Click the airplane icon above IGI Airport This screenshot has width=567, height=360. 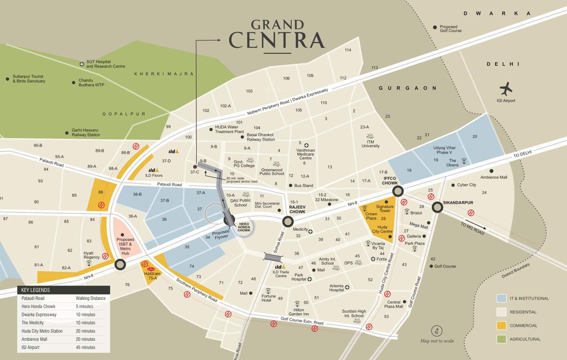[x=506, y=89]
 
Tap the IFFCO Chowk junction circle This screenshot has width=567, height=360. [x=398, y=191]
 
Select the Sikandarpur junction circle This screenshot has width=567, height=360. [x=437, y=207]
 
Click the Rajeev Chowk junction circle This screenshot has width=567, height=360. [x=288, y=222]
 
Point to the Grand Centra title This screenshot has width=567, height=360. [x=277, y=35]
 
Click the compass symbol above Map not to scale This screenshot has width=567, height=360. [x=437, y=330]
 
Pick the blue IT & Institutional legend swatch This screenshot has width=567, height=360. [x=501, y=298]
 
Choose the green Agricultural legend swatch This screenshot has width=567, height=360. [x=501, y=339]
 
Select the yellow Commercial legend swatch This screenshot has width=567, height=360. [x=501, y=325]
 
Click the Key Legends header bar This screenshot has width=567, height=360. [x=64, y=290]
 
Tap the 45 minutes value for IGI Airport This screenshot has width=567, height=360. [x=85, y=347]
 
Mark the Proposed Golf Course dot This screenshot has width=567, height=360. [x=435, y=28]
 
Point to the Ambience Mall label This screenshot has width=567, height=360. [x=493, y=177]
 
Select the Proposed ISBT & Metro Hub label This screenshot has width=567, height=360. [x=125, y=247]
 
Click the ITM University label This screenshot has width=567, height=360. [x=370, y=143]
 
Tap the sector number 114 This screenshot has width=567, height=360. [x=348, y=50]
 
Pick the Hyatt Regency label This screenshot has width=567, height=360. [x=92, y=255]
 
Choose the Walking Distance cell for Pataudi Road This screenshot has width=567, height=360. [x=90, y=298]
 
